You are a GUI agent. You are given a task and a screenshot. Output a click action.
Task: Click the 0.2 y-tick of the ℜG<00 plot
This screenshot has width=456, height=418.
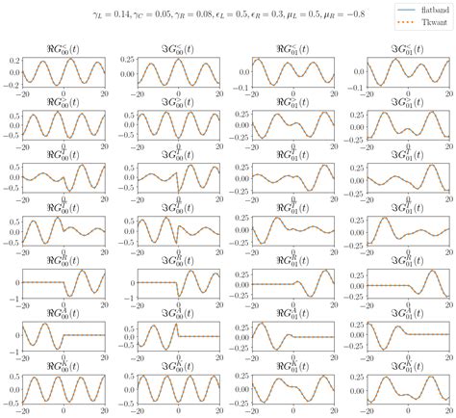click(14, 60)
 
